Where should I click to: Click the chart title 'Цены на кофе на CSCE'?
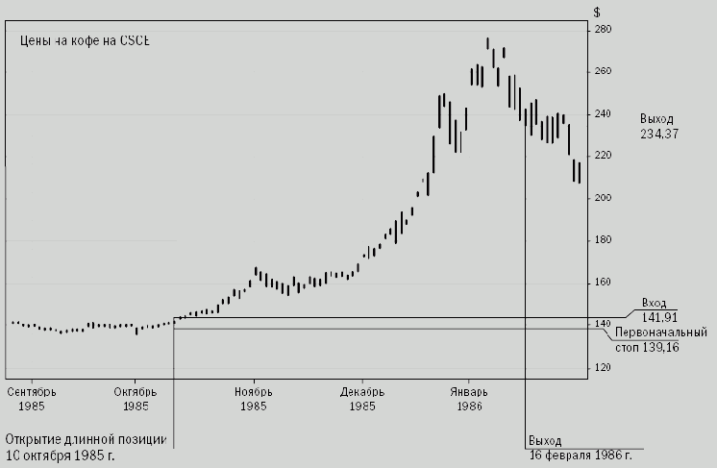coord(85,41)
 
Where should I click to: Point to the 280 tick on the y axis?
coord(604,30)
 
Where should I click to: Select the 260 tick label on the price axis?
coord(604,72)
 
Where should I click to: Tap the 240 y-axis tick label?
coord(604,114)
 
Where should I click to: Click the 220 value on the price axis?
coord(604,156)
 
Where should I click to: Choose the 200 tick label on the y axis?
coord(604,198)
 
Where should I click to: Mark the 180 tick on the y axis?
coord(604,240)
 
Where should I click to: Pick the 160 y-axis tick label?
coord(604,283)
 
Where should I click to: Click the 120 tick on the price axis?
coord(604,367)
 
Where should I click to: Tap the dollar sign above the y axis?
coord(597,12)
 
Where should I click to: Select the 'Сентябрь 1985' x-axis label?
coord(33,399)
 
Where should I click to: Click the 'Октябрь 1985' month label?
coord(136,399)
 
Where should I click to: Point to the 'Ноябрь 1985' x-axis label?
coord(254,399)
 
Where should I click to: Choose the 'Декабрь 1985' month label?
coord(362,399)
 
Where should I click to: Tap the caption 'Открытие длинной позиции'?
coord(87,439)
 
